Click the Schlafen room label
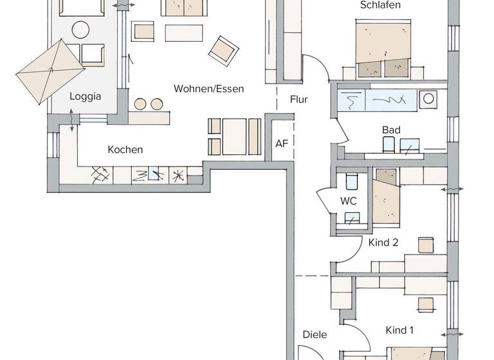coord(381,5)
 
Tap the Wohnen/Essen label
coord(208,89)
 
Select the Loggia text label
coord(85,96)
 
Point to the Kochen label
coord(125,150)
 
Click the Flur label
coord(298,100)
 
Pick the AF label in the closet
coord(282,143)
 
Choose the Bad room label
coord(391,130)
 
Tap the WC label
coord(349,201)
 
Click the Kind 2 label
coord(383,242)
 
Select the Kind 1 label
coord(399,330)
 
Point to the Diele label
coord(315,334)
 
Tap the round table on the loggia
coord(80,30)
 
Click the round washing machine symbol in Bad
coord(428,99)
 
